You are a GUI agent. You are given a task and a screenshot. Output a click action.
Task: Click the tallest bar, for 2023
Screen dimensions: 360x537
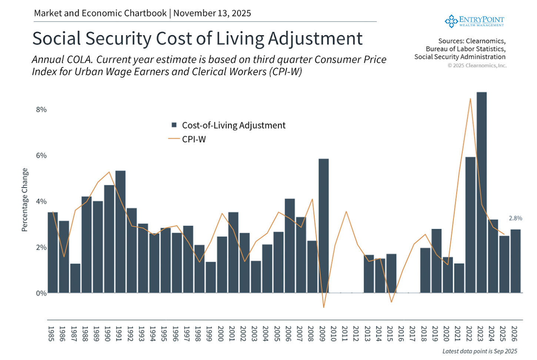pos(481,193)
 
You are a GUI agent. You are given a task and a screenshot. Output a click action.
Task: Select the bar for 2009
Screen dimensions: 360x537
pos(323,226)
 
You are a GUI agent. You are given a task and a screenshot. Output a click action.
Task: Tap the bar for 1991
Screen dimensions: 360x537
pos(120,232)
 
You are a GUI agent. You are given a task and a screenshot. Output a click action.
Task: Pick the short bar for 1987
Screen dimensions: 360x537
pos(75,278)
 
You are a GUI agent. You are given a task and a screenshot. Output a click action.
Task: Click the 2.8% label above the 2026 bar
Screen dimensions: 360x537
pos(515,218)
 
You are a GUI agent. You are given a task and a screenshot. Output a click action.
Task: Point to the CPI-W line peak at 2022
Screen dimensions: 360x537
pos(470,99)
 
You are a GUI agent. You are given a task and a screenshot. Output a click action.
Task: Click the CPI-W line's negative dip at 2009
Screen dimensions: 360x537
pos(324,307)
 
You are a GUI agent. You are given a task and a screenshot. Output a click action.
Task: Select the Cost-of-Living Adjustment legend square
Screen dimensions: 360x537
pos(174,125)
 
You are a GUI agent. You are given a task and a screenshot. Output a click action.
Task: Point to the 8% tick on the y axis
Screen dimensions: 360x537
pos(41,110)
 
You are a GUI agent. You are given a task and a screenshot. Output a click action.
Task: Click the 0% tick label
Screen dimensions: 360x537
pos(41,293)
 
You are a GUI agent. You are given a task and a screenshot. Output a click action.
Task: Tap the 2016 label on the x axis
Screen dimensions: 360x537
pos(401,334)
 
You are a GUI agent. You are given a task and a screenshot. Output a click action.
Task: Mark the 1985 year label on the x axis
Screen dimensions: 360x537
pos(51,334)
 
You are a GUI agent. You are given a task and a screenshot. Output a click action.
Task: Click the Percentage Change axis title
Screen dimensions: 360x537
pos(25,200)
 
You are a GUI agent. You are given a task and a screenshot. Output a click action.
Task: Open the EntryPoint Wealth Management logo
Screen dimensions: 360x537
pos(474,21)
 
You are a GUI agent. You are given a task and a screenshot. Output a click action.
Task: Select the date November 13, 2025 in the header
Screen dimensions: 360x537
pos(212,13)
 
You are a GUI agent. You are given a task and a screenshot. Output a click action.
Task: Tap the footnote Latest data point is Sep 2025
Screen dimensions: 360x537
pos(480,351)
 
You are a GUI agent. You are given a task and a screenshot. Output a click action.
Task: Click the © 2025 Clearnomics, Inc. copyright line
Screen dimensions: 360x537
pos(477,66)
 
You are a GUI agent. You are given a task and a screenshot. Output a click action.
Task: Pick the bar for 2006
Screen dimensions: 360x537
pos(290,246)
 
